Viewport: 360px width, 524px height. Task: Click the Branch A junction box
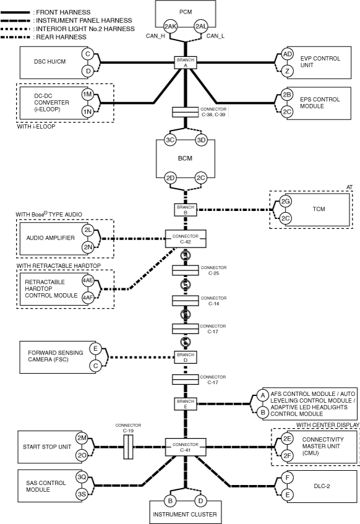[186, 62]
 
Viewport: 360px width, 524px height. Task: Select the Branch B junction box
[186, 210]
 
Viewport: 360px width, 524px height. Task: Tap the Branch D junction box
[186, 357]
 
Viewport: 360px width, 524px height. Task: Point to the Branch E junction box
[186, 404]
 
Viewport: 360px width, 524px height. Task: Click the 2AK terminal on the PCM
[170, 27]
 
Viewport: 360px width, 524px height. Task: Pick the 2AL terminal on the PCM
[201, 27]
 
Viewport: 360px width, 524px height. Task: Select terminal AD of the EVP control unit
[287, 54]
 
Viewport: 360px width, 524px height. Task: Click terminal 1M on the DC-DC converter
[88, 95]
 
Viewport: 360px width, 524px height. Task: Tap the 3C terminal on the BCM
[170, 140]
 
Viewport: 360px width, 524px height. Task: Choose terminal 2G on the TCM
[285, 202]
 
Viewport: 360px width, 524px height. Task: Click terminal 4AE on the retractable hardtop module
[88, 280]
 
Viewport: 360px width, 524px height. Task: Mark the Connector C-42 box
[186, 239]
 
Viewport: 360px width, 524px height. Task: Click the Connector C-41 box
[186, 447]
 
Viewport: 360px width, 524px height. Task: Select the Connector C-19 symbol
[128, 447]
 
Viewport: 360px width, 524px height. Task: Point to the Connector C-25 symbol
[186, 270]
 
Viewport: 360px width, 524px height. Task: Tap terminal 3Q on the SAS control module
[82, 477]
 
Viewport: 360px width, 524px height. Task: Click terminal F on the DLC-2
[288, 478]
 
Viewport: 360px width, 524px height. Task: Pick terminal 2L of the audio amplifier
[88, 230]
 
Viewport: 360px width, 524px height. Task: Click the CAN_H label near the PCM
[155, 36]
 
